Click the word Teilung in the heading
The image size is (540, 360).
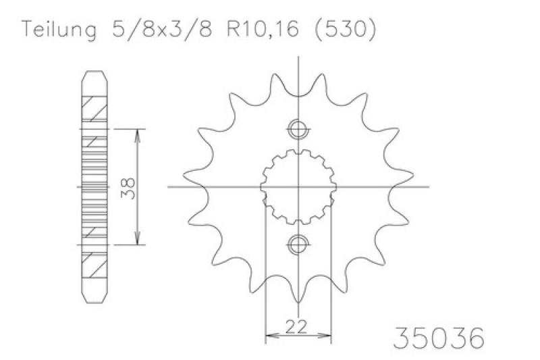pyautogui.click(x=59, y=30)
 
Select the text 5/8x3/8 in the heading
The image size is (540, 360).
pyautogui.click(x=162, y=29)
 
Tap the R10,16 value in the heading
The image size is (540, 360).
pyautogui.click(x=263, y=29)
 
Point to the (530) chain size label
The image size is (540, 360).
pyautogui.click(x=345, y=29)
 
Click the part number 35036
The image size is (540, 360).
pyautogui.click(x=439, y=338)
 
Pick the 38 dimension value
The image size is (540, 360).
pyautogui.click(x=128, y=188)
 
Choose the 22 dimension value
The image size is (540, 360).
pyautogui.click(x=296, y=326)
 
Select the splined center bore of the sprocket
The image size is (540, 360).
pyautogui.click(x=298, y=187)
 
